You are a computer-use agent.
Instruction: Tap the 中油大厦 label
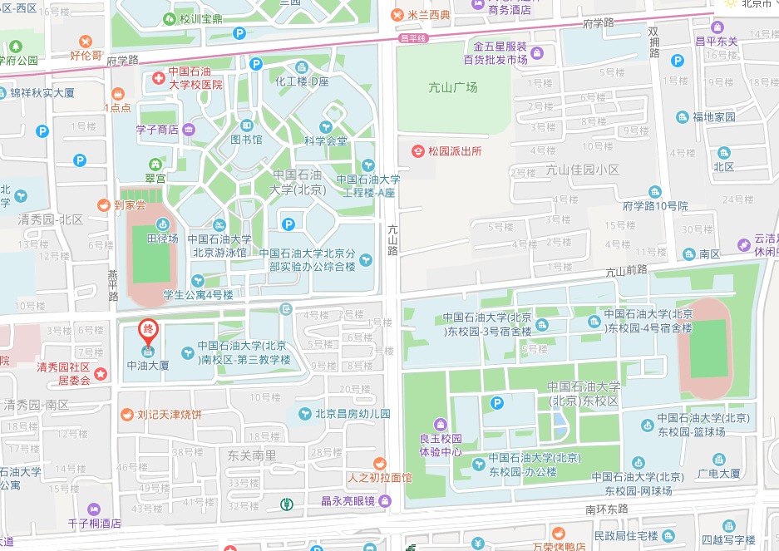click(x=148, y=365)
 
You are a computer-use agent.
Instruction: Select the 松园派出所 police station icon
click(x=419, y=151)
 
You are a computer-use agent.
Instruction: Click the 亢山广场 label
click(x=453, y=87)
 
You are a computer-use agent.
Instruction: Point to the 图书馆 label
click(x=246, y=140)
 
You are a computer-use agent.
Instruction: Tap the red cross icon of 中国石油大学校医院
click(x=158, y=78)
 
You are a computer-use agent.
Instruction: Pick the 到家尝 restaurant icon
click(x=103, y=204)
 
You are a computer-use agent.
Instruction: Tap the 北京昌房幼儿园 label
click(x=352, y=413)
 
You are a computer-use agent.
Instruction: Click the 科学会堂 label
click(x=325, y=141)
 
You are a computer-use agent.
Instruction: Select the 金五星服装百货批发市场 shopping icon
click(x=537, y=54)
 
